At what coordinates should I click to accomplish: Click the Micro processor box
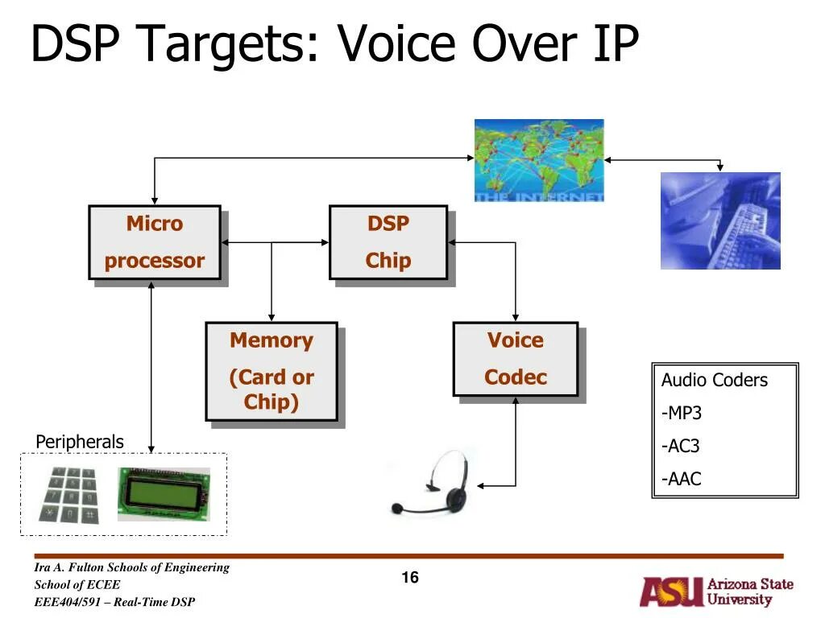[154, 242]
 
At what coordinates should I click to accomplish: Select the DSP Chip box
[388, 242]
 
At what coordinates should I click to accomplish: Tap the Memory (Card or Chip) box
[271, 371]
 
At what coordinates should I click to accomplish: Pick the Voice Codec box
[515, 359]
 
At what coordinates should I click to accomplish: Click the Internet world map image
[538, 159]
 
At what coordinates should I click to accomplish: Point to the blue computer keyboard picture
[720, 220]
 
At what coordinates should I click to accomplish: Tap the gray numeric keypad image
[71, 494]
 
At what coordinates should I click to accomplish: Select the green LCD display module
[164, 493]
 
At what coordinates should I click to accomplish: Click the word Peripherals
[80, 442]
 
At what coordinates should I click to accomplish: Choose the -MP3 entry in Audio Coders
[682, 414]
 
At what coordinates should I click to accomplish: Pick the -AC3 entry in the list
[682, 447]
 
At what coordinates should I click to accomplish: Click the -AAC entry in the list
[682, 480]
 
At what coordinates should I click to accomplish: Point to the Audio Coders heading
[715, 381]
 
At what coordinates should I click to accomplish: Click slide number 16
[410, 578]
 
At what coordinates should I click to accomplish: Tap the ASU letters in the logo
[670, 592]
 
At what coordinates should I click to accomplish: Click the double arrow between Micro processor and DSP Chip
[275, 242]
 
